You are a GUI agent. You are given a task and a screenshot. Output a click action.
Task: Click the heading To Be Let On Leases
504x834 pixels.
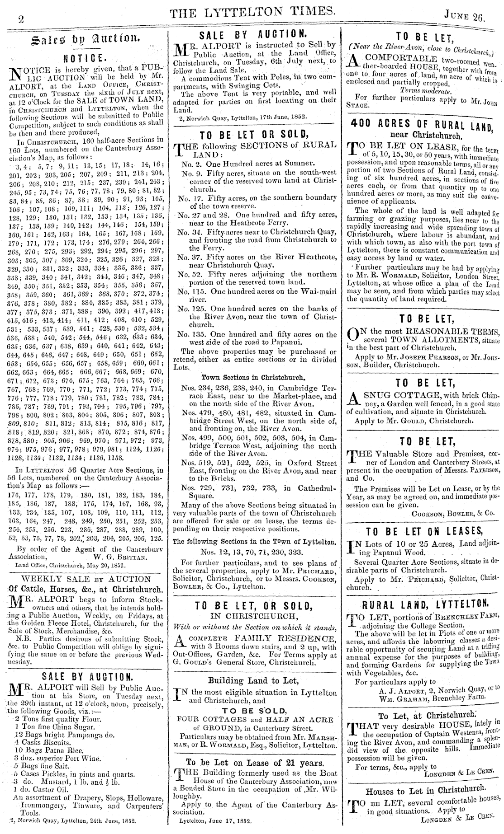click(x=424, y=531)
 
